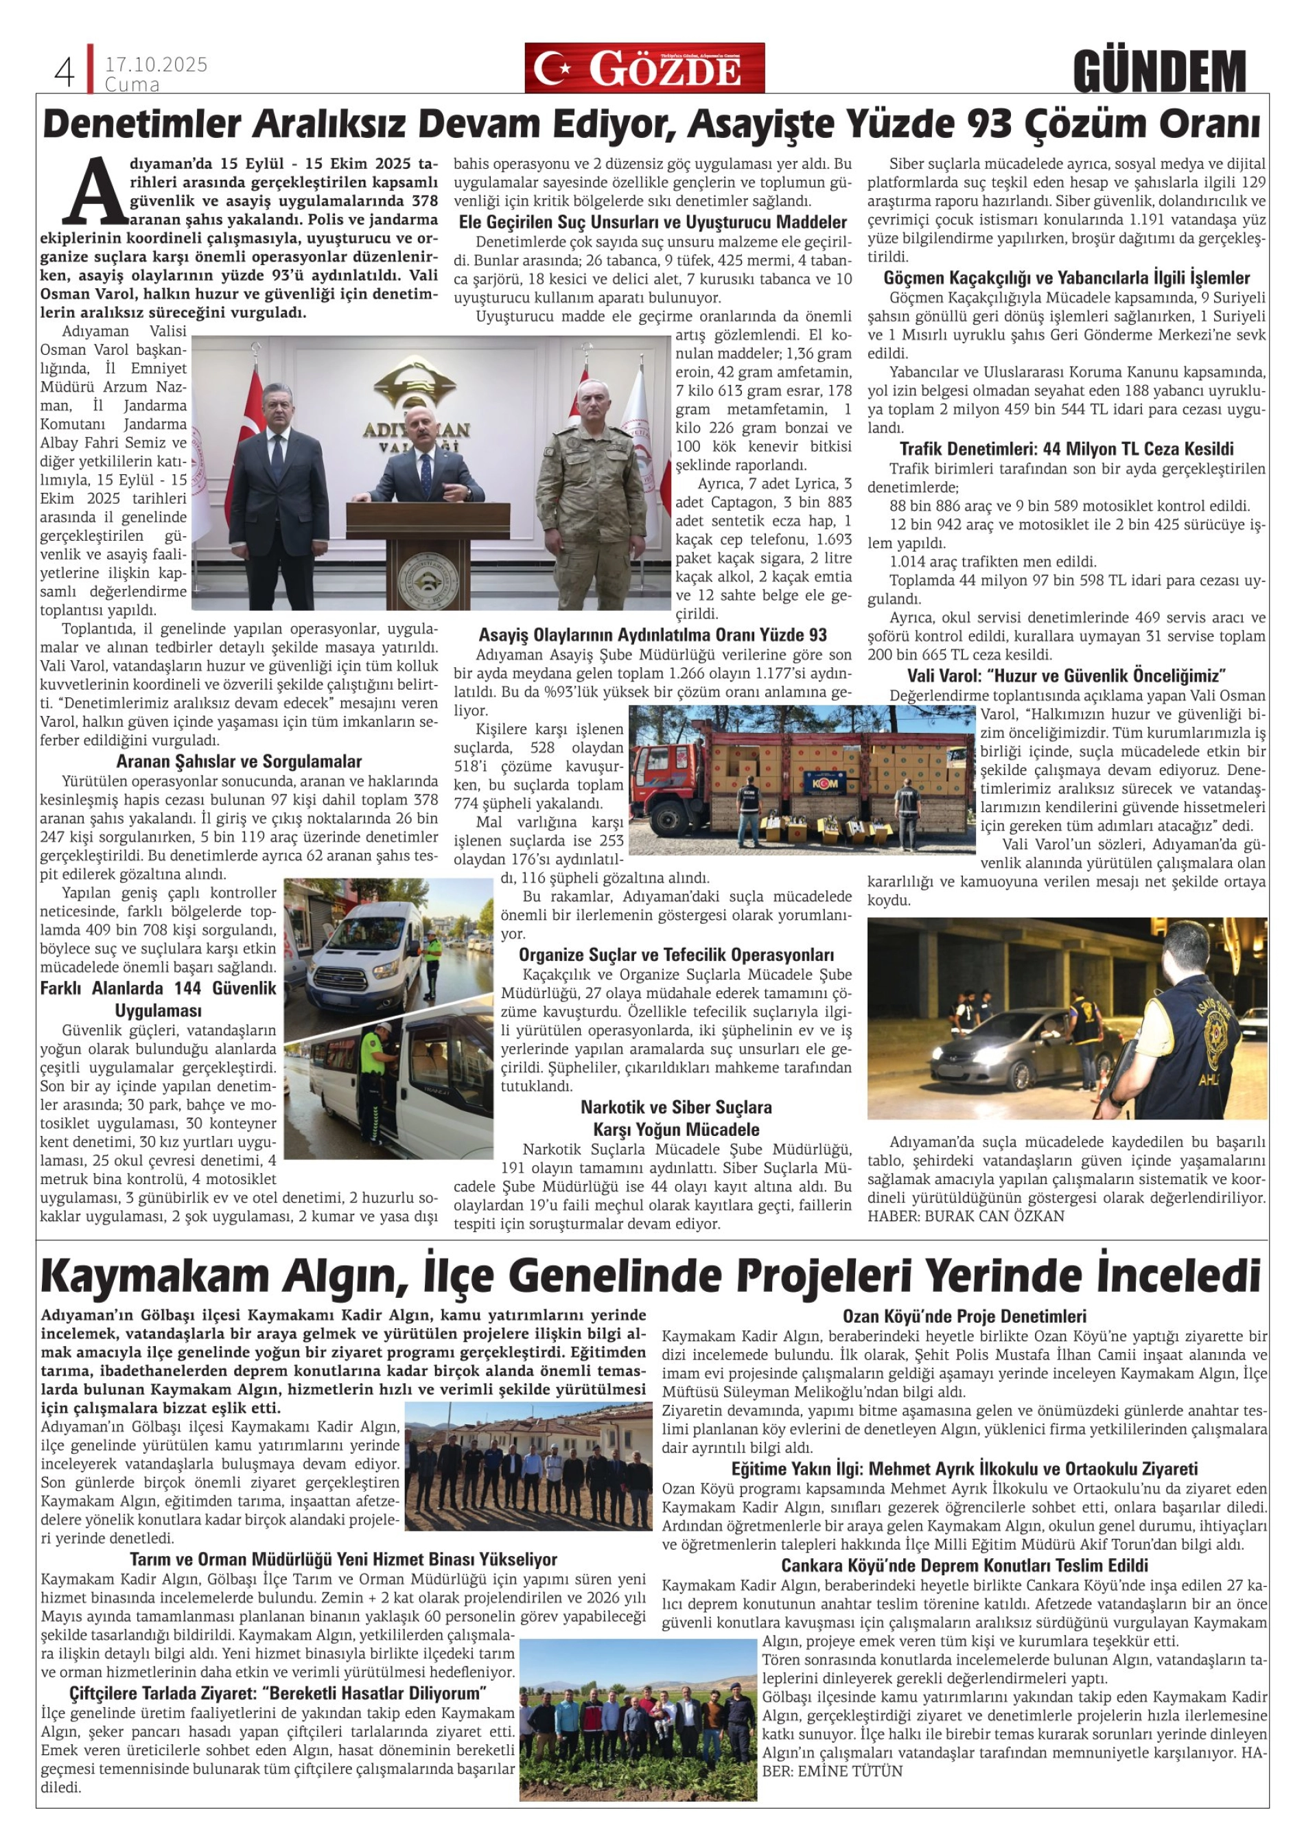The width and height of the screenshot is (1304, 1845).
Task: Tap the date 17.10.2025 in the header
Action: point(156,65)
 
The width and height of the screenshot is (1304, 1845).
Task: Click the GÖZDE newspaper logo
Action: point(644,69)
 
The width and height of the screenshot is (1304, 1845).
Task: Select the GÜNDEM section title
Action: point(1159,71)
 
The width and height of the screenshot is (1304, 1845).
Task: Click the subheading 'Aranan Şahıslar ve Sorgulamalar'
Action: point(239,761)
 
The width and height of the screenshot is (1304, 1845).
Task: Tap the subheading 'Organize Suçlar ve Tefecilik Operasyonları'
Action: point(676,955)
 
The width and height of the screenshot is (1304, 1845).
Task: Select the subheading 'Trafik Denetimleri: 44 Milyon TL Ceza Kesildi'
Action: point(1065,448)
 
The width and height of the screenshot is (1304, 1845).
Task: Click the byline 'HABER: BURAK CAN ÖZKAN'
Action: point(965,1216)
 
